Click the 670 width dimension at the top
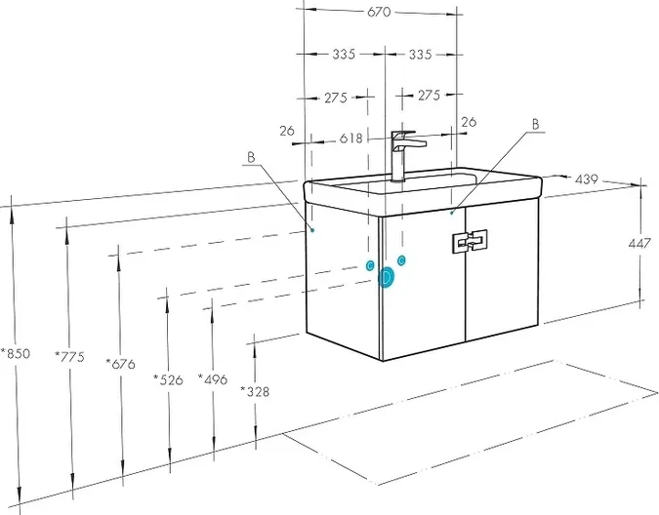tap(379, 12)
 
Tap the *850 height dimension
tap(16, 353)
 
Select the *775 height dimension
tap(69, 357)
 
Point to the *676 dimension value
tap(121, 364)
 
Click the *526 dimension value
tap(168, 379)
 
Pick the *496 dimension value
tap(213, 379)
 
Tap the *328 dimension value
tap(255, 391)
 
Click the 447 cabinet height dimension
tap(639, 243)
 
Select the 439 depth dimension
tap(586, 179)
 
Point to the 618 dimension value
tap(350, 139)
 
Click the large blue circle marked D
tap(386, 277)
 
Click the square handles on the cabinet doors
tap(470, 241)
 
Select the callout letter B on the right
tap(535, 125)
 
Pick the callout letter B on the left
tap(251, 157)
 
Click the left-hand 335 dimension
tap(344, 55)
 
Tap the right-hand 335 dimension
tap(420, 55)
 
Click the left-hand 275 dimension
tap(336, 98)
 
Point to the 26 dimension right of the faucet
tap(469, 122)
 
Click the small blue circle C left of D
tap(370, 265)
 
